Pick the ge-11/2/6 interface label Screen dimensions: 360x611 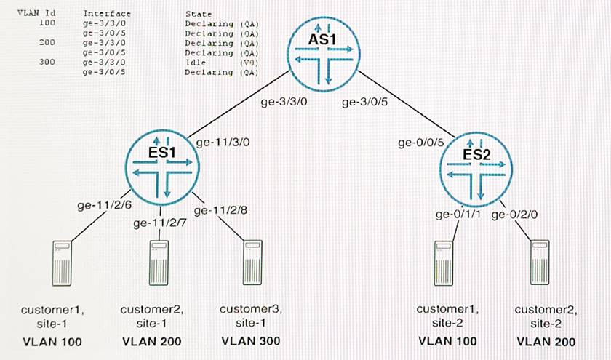105,206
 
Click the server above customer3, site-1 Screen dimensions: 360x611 252,265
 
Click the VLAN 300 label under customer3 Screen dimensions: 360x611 251,341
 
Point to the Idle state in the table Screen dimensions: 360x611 196,63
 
